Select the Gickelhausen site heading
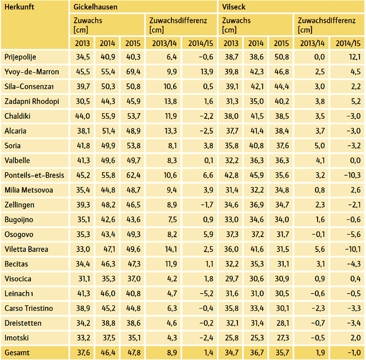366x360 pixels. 95,7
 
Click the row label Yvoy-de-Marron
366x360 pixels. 32,72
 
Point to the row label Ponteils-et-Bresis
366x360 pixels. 34,175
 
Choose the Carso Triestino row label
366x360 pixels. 28,308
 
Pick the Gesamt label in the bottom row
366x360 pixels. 17,353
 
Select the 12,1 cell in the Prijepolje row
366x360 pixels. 352,57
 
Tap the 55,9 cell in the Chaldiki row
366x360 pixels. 108,116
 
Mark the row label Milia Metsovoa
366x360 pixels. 29,190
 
